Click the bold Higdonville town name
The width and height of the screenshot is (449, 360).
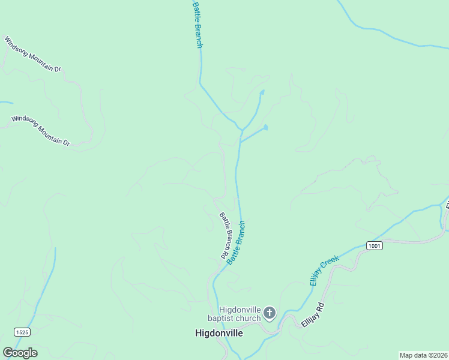[219, 333]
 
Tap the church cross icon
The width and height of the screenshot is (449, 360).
[270, 313]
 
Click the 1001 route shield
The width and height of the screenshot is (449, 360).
[374, 245]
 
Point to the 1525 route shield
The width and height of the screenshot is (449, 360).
[22, 332]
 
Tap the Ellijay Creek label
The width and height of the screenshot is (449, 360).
[325, 269]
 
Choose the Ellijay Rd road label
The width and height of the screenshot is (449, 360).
[312, 314]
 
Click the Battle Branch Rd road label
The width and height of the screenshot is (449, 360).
[223, 236]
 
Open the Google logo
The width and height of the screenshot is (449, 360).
[20, 353]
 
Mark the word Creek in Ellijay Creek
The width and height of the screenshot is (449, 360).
[331, 263]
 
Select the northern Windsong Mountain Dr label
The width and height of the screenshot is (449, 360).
[32, 54]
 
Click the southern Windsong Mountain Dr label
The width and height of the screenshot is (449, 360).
[40, 131]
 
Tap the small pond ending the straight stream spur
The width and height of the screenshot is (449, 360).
[265, 127]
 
